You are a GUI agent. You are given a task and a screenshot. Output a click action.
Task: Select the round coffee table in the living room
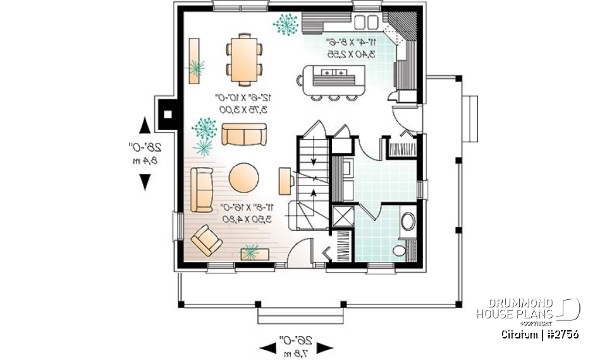click(243, 178)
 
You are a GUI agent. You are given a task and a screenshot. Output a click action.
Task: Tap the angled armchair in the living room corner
click(206, 240)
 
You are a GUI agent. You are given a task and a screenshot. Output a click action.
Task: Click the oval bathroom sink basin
click(408, 221)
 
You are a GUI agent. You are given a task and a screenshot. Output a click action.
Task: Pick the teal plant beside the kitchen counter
click(286, 23)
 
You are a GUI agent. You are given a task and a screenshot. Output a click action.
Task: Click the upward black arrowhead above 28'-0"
click(145, 125)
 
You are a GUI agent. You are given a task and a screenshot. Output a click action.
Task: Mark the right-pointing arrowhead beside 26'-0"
click(324, 347)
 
